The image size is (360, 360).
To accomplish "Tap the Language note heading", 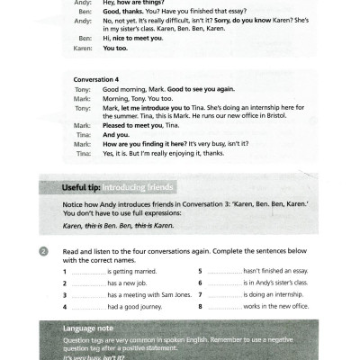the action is [91, 328].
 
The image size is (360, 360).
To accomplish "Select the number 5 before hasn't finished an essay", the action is [200, 271].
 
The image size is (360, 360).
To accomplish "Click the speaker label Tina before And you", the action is [81, 134].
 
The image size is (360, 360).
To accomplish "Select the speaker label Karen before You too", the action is [82, 49].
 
